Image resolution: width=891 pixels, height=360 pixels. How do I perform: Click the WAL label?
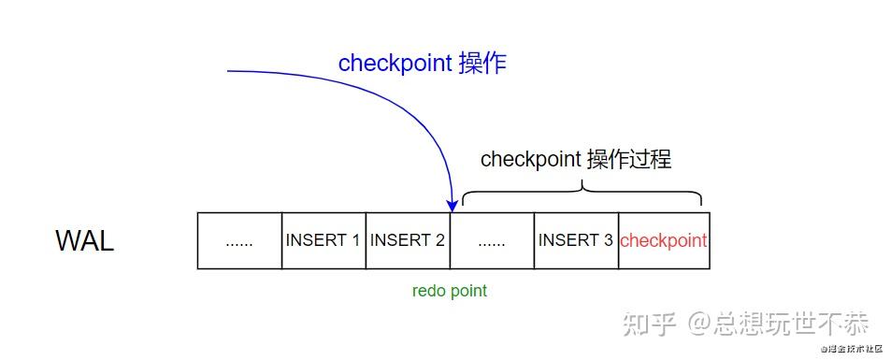coord(85,240)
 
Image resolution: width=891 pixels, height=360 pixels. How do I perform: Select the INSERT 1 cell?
coord(323,240)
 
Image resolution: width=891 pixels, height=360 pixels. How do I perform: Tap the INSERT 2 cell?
coord(408,240)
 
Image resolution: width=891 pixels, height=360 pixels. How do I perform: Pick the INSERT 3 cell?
coord(575,240)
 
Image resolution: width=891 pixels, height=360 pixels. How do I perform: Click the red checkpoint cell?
coord(663,240)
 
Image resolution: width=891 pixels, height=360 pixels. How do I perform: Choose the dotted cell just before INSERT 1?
coord(239,240)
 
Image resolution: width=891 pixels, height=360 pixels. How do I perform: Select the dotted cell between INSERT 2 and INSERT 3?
coord(492,240)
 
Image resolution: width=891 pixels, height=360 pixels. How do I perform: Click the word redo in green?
coord(427,291)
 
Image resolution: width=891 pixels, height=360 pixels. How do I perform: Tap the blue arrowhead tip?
coord(451,209)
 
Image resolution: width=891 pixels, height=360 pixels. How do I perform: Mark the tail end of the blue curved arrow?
coord(229,71)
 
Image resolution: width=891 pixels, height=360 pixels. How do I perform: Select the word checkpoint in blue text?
coord(395,64)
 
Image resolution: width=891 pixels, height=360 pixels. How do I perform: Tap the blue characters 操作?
coord(483,64)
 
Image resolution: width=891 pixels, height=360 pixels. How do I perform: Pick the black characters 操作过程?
coord(628,159)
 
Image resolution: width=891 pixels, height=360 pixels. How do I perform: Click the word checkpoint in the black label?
coord(530,160)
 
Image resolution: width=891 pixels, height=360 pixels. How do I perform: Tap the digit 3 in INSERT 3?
coord(608,240)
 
